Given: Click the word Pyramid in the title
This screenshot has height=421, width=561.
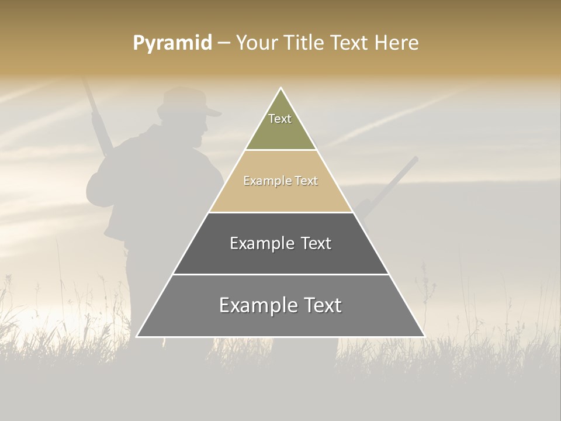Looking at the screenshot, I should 172,43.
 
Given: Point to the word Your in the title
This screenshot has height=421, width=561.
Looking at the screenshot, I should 255,43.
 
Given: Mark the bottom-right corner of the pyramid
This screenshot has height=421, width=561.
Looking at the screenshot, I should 424,336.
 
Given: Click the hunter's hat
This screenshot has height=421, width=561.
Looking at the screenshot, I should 188,101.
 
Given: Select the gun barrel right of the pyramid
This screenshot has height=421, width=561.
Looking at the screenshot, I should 397,178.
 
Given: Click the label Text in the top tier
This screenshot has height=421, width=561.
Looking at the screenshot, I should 280,119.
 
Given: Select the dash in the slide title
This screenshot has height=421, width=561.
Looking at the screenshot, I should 223,43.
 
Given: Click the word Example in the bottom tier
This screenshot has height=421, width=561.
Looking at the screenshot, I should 255,305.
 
